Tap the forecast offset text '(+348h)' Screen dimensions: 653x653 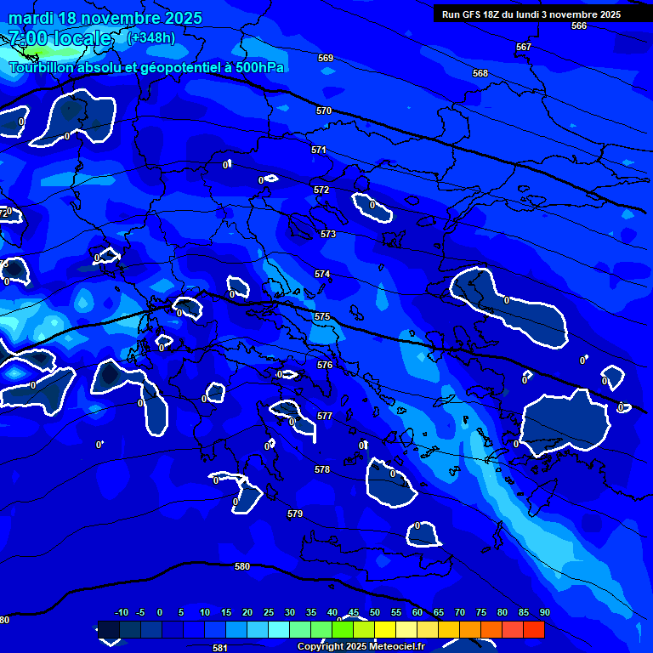pos(150,37)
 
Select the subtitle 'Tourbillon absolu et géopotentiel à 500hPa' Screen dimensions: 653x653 pos(147,67)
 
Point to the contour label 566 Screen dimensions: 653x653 pos(579,26)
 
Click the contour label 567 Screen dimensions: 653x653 pos(524,47)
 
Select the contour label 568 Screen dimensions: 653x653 pos(480,74)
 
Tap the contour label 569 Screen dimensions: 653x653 pos(326,59)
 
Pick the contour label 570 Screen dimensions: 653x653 pos(324,111)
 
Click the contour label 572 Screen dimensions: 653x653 pos(321,190)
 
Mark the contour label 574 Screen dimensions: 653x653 pos(322,275)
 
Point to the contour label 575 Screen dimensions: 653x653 pos(322,316)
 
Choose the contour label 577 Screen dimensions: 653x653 pos(325,416)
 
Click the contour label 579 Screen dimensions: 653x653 pos(295,514)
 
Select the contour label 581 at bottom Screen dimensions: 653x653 pos(220,648)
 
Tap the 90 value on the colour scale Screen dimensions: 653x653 pos(544,613)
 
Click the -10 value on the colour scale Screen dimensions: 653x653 pos(122,613)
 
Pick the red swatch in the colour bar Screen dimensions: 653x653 pos(533,630)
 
